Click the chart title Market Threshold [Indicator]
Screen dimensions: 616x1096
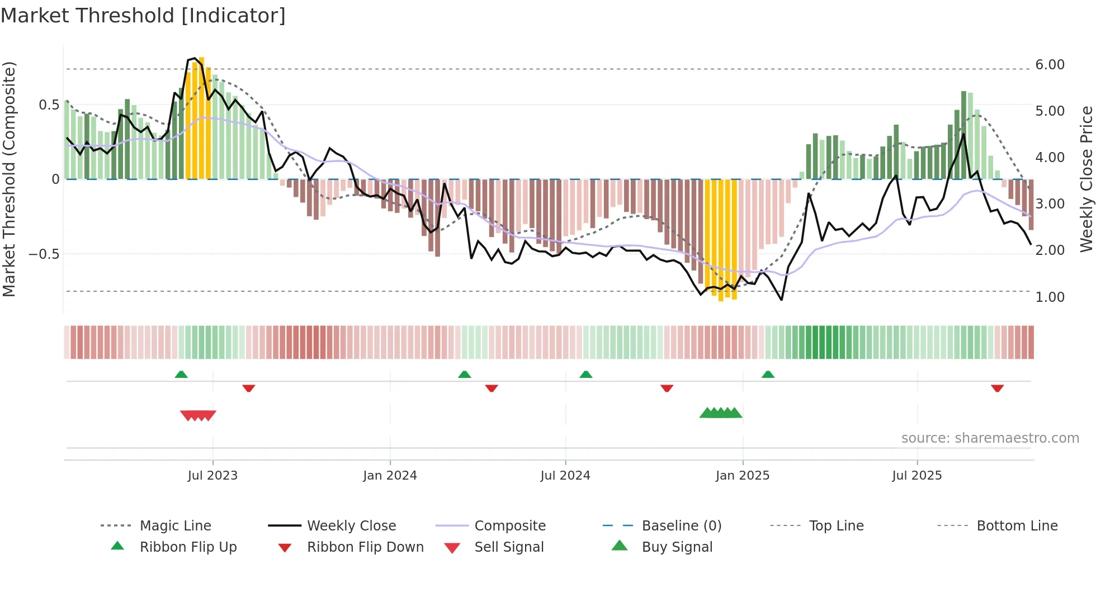click(x=143, y=16)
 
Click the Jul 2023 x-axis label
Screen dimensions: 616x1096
click(x=212, y=476)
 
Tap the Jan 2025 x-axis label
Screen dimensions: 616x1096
click(x=743, y=476)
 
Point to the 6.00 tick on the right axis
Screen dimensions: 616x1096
click(x=1050, y=65)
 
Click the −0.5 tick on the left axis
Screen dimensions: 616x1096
click(x=44, y=254)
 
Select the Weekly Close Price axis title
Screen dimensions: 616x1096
click(x=1086, y=179)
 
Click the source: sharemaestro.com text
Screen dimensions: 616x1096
click(x=990, y=438)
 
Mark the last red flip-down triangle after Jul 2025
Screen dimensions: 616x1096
click(x=997, y=388)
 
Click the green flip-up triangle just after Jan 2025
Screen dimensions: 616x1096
click(x=768, y=375)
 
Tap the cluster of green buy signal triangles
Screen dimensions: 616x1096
click(x=721, y=413)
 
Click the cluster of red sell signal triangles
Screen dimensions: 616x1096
click(x=198, y=415)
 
